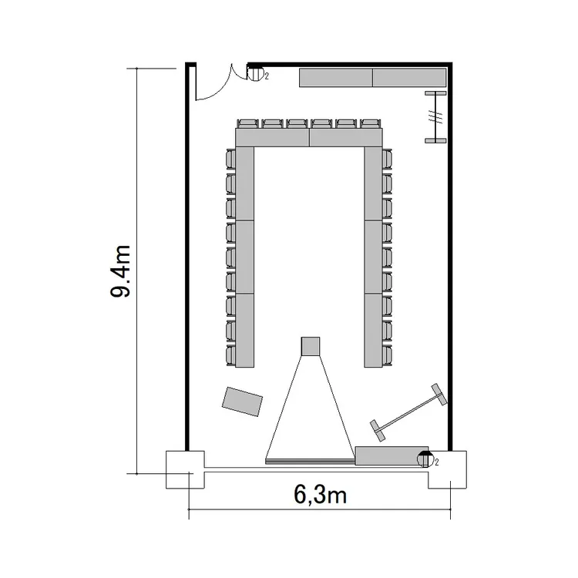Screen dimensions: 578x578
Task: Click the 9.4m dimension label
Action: [x=120, y=271]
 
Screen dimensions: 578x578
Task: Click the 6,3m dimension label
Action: [x=321, y=494]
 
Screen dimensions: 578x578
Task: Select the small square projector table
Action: [x=311, y=346]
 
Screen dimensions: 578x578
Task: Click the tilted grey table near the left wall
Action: [x=242, y=402]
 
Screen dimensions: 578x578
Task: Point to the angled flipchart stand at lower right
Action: [x=408, y=412]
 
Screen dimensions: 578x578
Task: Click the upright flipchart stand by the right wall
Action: [x=435, y=117]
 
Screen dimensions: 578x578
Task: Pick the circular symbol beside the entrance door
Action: [x=255, y=74]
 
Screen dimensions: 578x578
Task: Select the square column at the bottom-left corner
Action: [x=185, y=469]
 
